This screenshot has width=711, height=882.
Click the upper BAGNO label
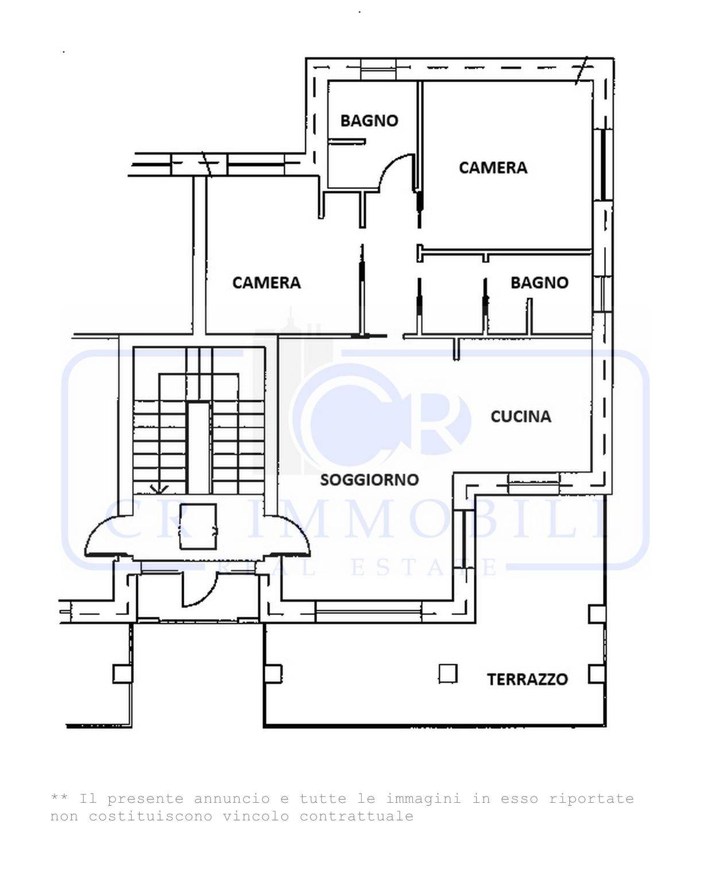pos(369,121)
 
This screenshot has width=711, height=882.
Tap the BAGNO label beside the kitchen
pos(539,283)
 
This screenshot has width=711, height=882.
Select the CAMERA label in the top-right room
pos(493,168)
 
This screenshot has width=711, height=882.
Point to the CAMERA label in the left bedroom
pos(266,283)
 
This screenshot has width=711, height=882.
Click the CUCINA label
pos(520,416)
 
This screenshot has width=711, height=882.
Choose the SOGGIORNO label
pos(369,479)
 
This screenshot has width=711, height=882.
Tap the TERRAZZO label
pos(527,679)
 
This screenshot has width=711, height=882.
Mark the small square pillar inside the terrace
pos(448,673)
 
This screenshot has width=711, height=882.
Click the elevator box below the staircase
pos(198,526)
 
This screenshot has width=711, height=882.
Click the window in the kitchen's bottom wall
pos(534,483)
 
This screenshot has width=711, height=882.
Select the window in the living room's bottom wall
pos(368,610)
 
